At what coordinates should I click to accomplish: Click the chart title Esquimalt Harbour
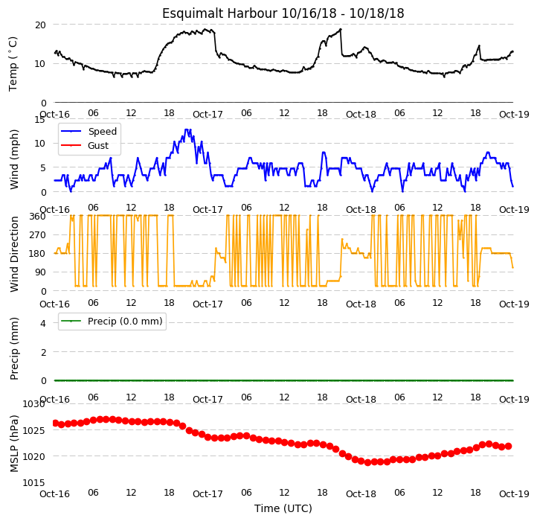(x=219, y=13)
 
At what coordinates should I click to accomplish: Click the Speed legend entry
(x=89, y=131)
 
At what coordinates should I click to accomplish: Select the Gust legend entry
(x=85, y=145)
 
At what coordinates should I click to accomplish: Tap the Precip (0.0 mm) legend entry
(x=112, y=322)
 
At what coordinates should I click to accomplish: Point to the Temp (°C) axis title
(x=13, y=64)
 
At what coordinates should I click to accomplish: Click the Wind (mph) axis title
(x=13, y=159)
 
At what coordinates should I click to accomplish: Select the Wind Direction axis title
(x=13, y=254)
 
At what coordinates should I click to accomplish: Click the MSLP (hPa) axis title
(x=13, y=444)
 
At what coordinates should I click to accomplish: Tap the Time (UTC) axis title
(x=283, y=508)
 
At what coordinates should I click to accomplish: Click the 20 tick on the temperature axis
(x=40, y=25)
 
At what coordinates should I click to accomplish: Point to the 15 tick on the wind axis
(x=39, y=119)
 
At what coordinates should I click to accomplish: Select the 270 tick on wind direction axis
(x=38, y=235)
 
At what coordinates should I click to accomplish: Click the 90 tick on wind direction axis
(x=40, y=272)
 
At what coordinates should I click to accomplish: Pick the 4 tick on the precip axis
(x=43, y=323)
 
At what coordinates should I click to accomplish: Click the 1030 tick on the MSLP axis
(x=33, y=404)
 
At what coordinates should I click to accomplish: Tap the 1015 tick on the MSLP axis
(x=33, y=483)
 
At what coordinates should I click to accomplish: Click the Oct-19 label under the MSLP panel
(x=514, y=494)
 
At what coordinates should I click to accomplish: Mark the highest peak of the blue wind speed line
(x=186, y=130)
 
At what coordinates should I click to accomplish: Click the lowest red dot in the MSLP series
(x=368, y=462)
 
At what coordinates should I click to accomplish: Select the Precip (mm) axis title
(x=13, y=349)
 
